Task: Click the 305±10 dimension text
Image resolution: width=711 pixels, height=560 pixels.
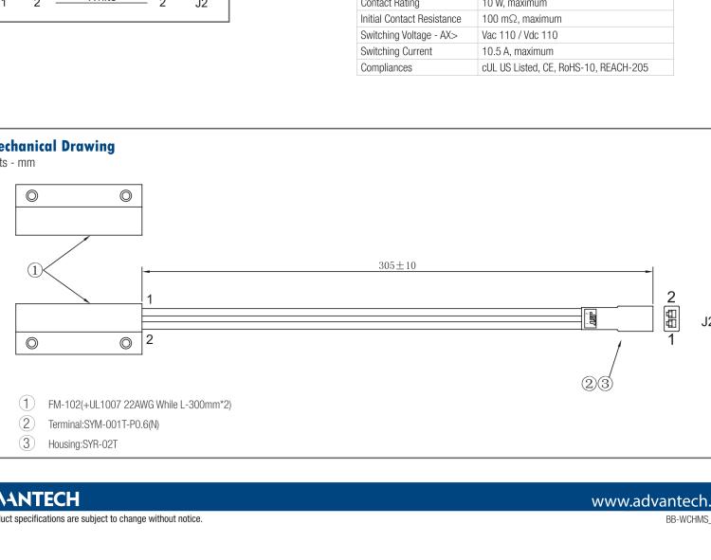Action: pos(396,264)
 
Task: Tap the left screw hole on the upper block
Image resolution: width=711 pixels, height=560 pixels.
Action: pos(32,196)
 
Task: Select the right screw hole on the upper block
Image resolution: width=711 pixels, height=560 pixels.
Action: pos(125,196)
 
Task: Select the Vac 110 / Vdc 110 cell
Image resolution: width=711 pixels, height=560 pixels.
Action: pos(516,36)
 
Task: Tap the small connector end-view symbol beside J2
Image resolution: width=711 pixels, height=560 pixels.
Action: pos(672,319)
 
